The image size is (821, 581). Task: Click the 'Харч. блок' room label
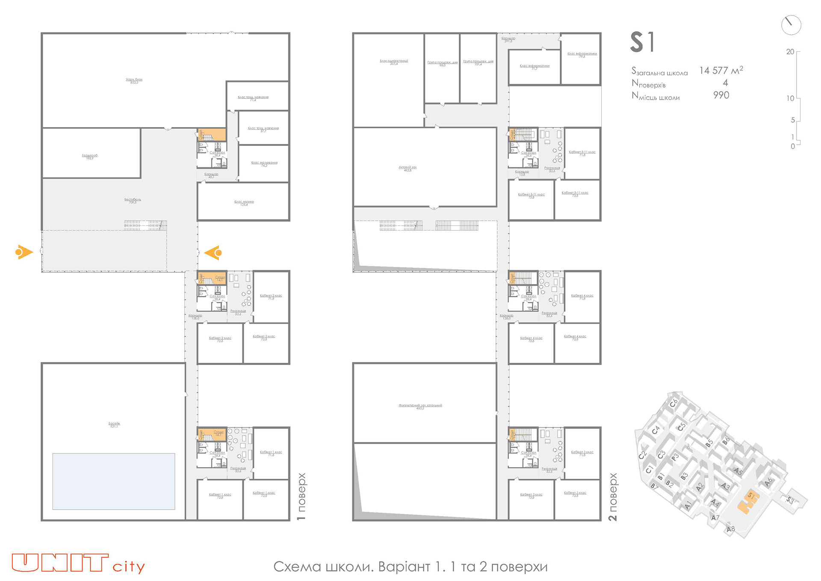coord(134,80)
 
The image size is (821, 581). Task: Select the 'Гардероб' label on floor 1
coord(90,156)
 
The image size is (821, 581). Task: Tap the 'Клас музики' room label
coord(244,202)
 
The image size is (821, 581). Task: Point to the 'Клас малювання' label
coord(264,163)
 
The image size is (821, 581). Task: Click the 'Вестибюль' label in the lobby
coord(133,200)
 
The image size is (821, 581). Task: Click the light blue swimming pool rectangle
coord(114,481)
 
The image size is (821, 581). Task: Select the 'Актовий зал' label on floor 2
coord(408,168)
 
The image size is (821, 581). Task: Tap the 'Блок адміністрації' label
coord(393,62)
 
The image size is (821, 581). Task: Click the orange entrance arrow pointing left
coord(213,253)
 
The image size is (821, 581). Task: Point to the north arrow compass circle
coord(791,25)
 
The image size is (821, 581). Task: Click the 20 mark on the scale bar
coord(790,52)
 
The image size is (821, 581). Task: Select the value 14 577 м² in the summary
coord(721,71)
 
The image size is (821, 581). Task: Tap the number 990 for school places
coord(721,95)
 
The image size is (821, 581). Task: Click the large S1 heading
coord(642,42)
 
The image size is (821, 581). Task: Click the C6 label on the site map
coord(673,403)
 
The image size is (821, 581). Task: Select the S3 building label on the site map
coord(790,500)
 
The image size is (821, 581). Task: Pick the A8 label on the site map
coord(731,529)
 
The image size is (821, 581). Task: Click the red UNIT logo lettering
coord(60,563)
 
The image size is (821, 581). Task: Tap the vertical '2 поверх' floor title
coord(613,497)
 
